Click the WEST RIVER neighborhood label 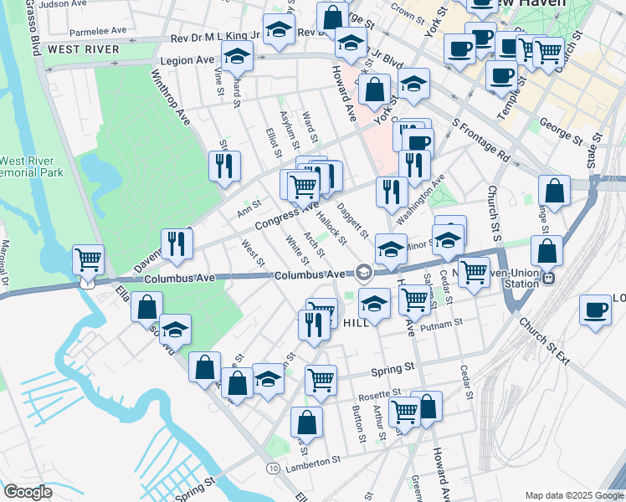point(72,49)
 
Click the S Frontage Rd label point(480,139)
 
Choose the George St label point(561,133)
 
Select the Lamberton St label point(313,459)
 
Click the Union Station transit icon point(548,276)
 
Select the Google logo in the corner point(27,492)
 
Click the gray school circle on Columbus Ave point(363,272)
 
